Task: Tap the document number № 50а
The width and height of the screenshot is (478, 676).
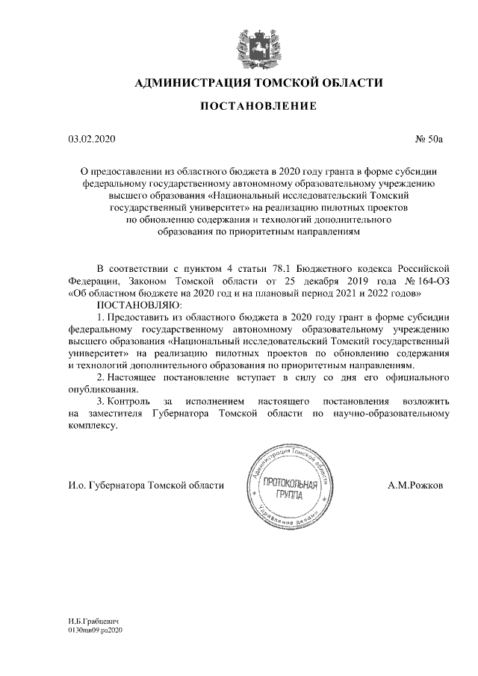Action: (429, 140)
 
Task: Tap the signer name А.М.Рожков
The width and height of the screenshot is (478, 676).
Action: (415, 486)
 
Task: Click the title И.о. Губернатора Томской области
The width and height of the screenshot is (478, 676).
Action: (145, 486)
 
